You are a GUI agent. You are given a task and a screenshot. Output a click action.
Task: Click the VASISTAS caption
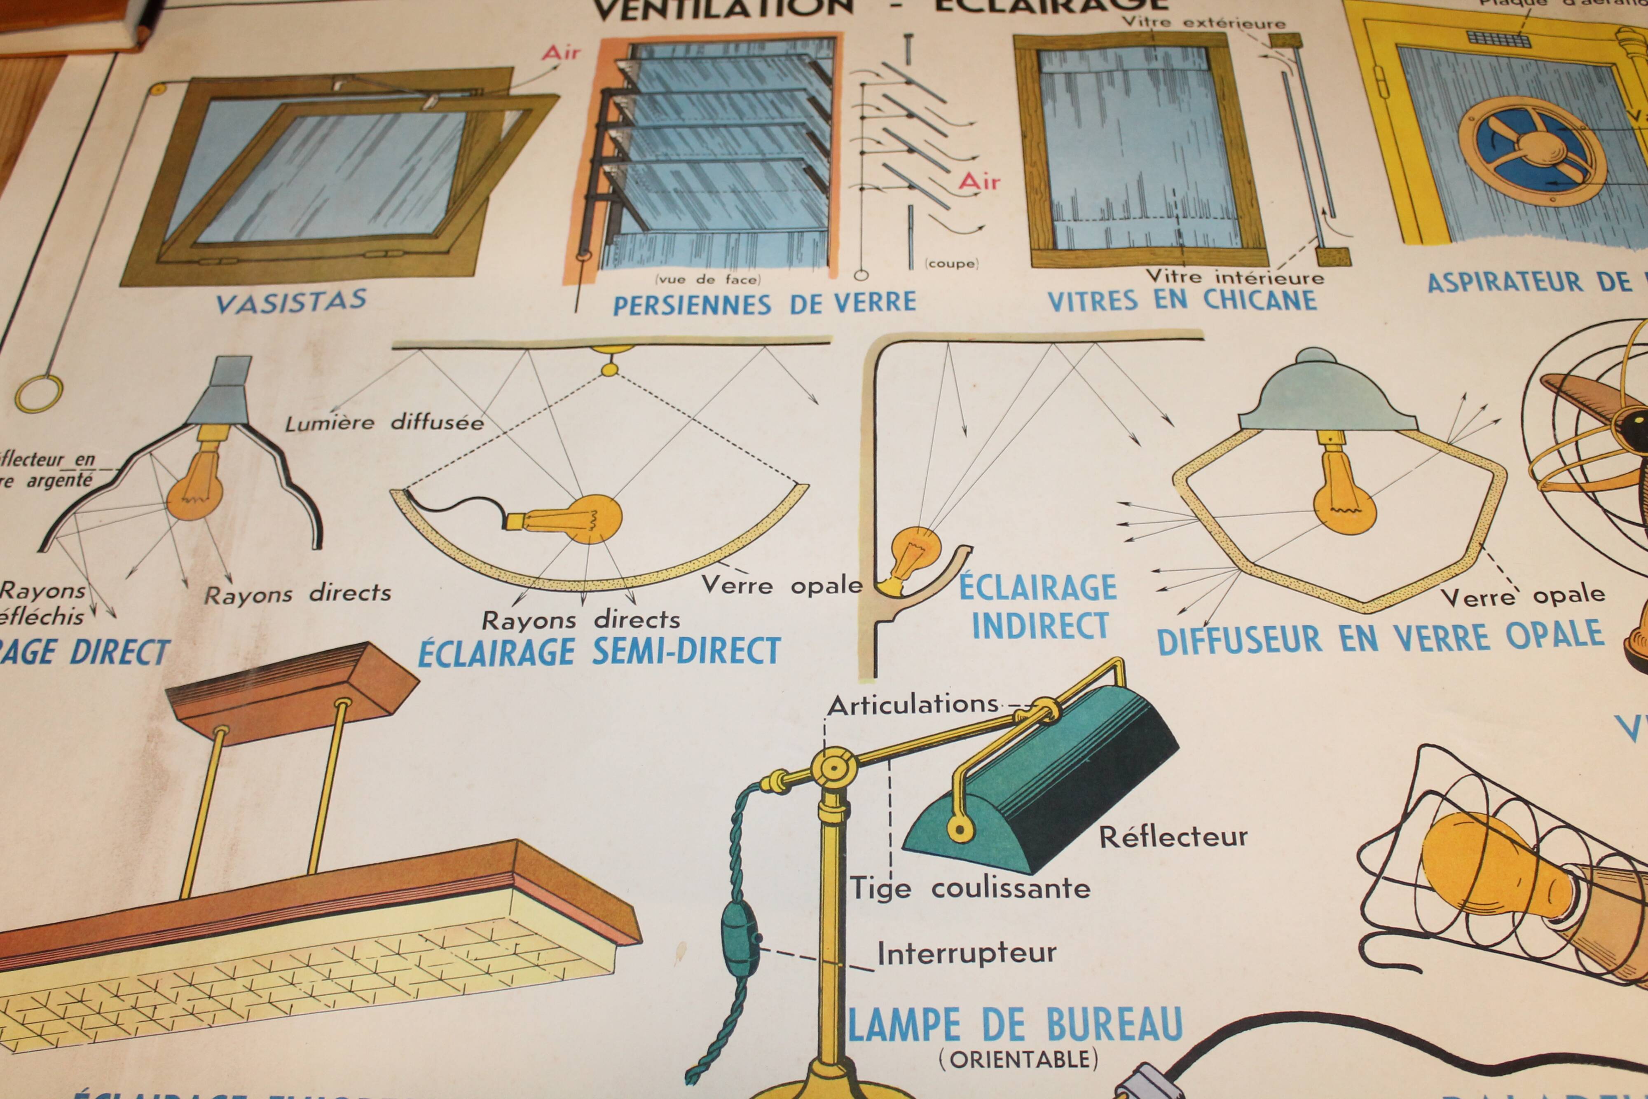[x=291, y=301]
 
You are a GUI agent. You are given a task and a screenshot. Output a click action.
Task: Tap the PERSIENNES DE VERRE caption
[x=764, y=303]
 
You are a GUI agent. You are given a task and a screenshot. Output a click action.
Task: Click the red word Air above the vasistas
[x=561, y=53]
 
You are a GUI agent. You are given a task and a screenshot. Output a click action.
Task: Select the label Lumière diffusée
[x=384, y=422]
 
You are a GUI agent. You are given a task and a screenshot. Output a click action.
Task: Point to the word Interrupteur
[x=966, y=953]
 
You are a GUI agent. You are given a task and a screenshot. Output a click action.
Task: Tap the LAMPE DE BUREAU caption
[x=1016, y=1025]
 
